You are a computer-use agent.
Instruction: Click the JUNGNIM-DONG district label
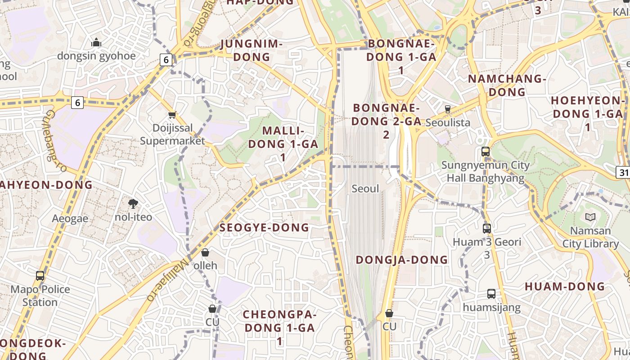[252, 50]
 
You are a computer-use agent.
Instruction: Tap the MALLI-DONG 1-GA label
[283, 144]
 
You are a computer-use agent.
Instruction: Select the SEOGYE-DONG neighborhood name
[264, 228]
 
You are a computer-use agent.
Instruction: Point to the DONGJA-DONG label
[402, 260]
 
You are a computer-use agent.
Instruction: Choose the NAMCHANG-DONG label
[507, 85]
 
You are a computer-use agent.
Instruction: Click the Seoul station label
[365, 189]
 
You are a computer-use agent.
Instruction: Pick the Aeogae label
[70, 219]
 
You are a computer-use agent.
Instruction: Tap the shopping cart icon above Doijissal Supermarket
[172, 115]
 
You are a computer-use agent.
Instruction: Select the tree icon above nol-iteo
[133, 204]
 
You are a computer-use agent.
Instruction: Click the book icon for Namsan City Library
[590, 217]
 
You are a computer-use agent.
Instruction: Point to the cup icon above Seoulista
[447, 109]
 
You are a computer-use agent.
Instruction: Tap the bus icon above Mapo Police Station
[40, 275]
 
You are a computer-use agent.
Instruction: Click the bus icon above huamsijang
[491, 294]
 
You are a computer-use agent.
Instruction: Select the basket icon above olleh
[205, 252]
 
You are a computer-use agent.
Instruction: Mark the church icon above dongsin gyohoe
[96, 43]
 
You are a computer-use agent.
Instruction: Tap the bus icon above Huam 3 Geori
[487, 228]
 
